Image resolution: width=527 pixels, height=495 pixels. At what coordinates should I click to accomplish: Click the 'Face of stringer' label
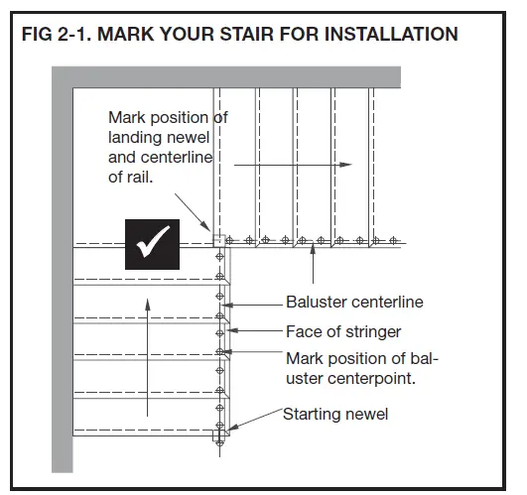click(x=343, y=332)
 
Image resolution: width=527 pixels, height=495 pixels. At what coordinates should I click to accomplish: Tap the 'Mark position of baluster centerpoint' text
click(x=362, y=367)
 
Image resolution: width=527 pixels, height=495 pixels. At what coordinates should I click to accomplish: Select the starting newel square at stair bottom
click(x=218, y=432)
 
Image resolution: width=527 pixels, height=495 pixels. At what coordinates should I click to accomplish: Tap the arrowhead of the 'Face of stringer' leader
click(x=231, y=332)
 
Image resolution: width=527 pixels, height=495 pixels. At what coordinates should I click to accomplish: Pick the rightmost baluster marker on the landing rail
click(x=392, y=240)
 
